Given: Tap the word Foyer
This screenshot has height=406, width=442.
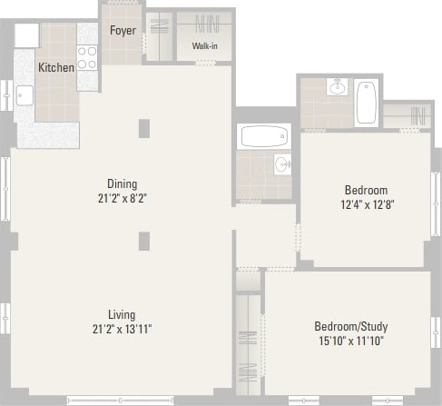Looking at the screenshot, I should [x=123, y=31].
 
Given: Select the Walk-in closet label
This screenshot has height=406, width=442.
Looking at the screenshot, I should [x=204, y=46].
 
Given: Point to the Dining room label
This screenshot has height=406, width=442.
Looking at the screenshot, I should [x=121, y=183].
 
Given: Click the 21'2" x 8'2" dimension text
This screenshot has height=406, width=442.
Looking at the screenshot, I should [x=121, y=197].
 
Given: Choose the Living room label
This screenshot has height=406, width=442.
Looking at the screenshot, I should [x=121, y=314].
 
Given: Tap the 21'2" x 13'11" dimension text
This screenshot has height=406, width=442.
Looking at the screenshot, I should [x=121, y=329].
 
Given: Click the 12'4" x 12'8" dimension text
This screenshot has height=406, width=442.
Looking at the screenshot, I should [x=366, y=204].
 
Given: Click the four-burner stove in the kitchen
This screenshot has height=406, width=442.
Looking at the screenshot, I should [x=87, y=58].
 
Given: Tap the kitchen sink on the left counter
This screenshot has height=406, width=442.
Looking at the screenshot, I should [x=25, y=95].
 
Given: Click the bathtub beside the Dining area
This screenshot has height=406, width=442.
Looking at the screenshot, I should [x=263, y=137].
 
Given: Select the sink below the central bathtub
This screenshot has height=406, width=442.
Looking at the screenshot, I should [x=281, y=165].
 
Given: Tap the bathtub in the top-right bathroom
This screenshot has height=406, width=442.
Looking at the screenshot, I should [x=366, y=103].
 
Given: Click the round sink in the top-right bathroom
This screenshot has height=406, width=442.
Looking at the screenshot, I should [x=338, y=88].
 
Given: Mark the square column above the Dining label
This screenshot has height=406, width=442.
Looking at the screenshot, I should [x=143, y=128].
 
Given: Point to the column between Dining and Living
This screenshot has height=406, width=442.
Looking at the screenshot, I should [x=143, y=240].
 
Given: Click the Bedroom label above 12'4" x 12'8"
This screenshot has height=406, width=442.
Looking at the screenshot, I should [x=366, y=190].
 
